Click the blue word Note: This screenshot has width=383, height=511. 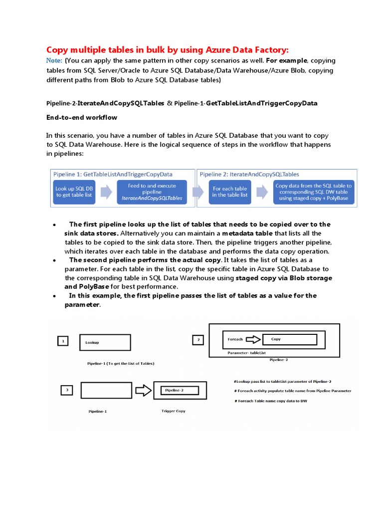[x=54, y=61]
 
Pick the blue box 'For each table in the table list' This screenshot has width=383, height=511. [x=230, y=192]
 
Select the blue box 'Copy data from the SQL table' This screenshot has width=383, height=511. [x=313, y=192]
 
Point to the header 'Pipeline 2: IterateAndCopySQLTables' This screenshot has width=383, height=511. [x=250, y=174]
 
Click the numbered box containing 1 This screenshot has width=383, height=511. [x=63, y=341]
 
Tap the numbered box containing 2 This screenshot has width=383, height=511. [x=198, y=340]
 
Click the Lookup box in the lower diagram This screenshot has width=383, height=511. [x=105, y=342]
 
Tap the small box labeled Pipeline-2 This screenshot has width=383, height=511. [x=179, y=390]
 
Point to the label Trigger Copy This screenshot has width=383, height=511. [x=174, y=411]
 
